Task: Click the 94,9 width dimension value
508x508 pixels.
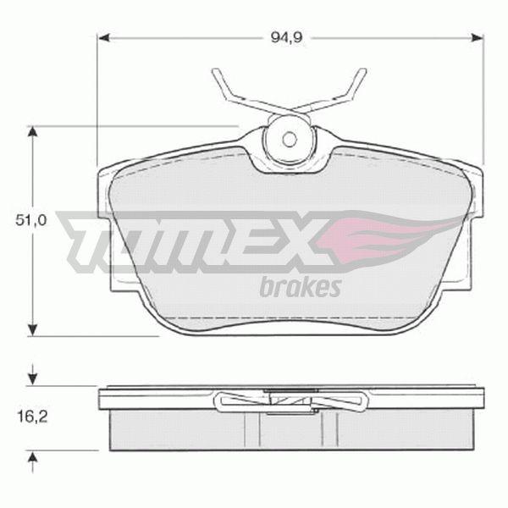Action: click(286, 38)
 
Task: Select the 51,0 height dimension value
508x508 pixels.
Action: click(31, 220)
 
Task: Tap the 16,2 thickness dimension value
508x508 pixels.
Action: click(32, 417)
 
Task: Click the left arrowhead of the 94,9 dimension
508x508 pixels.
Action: click(105, 38)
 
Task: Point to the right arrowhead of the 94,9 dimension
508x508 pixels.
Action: click(476, 38)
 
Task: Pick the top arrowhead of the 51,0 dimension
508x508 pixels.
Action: click(32, 133)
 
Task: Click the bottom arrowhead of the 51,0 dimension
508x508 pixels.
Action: click(32, 329)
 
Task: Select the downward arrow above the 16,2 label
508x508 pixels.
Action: click(32, 375)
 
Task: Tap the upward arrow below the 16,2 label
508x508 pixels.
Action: click(32, 462)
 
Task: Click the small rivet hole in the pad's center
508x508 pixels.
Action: click(290, 140)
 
